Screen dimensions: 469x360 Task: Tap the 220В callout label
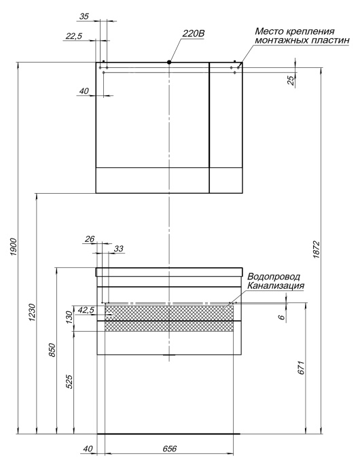point(194,33)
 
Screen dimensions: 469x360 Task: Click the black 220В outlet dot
point(169,63)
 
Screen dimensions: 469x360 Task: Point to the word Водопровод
point(274,277)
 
